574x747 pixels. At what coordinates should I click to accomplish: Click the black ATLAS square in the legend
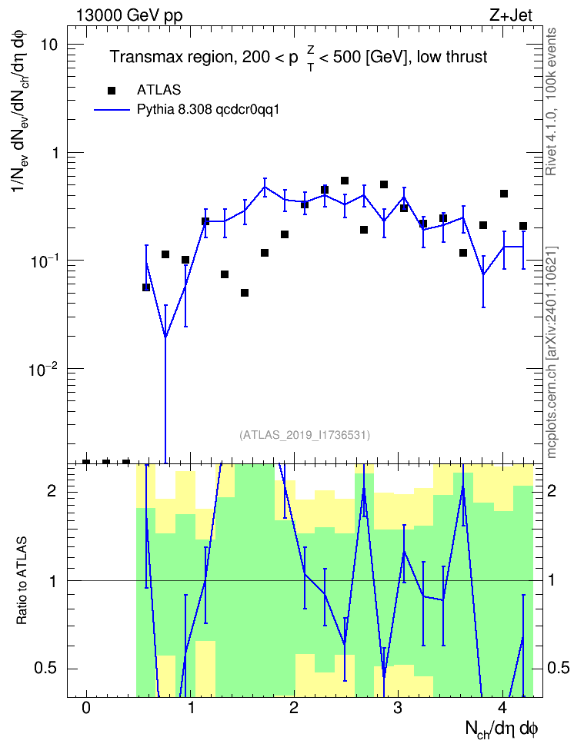(111, 91)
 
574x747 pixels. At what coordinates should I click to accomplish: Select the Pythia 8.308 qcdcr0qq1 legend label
(208, 110)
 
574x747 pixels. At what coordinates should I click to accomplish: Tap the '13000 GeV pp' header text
(129, 15)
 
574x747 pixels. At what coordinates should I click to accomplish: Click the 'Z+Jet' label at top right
(511, 15)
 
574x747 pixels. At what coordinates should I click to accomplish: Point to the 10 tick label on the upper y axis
(48, 45)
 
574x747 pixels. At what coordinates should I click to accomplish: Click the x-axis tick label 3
(398, 708)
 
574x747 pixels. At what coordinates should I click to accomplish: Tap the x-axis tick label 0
(86, 708)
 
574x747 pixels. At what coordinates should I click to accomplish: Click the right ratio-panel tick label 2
(552, 490)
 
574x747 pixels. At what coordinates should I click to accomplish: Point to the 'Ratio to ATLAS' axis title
(22, 581)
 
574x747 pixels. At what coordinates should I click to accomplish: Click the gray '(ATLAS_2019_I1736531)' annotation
(305, 435)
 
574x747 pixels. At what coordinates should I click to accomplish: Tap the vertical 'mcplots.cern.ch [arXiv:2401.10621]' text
(552, 352)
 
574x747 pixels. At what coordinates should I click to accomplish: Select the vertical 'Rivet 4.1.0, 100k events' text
(551, 101)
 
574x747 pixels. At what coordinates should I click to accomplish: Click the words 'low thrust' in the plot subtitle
(452, 57)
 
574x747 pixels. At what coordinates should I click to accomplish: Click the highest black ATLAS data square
(345, 181)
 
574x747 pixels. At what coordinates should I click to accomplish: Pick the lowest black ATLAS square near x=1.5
(245, 293)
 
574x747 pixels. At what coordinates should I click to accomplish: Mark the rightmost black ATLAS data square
(523, 226)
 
